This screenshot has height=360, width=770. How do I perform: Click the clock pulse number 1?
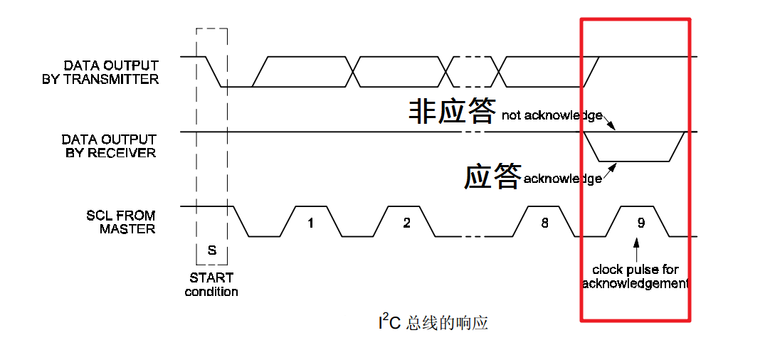tap(310, 223)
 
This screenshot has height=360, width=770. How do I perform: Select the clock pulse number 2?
tap(406, 223)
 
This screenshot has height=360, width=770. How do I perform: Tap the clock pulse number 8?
tap(544, 223)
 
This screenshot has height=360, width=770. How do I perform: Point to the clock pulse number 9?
tap(640, 223)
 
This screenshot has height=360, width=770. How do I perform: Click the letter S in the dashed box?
tap(211, 250)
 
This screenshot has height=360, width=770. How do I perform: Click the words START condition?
tap(211, 285)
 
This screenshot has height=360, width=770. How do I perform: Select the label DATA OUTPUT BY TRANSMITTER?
tap(100, 73)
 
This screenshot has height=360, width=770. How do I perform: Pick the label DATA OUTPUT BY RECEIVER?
tap(109, 146)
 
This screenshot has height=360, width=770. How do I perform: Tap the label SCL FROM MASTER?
tap(117, 222)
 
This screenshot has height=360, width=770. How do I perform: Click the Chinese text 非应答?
tap(452, 111)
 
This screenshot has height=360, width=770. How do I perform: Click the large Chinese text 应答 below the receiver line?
tap(492, 176)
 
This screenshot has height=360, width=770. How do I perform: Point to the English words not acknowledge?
tap(552, 115)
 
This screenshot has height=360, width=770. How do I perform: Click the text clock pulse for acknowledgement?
tap(635, 277)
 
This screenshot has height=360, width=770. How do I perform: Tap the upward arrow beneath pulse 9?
tap(636, 250)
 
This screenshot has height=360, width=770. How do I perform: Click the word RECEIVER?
tap(120, 153)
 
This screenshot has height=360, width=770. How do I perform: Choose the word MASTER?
tap(127, 229)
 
